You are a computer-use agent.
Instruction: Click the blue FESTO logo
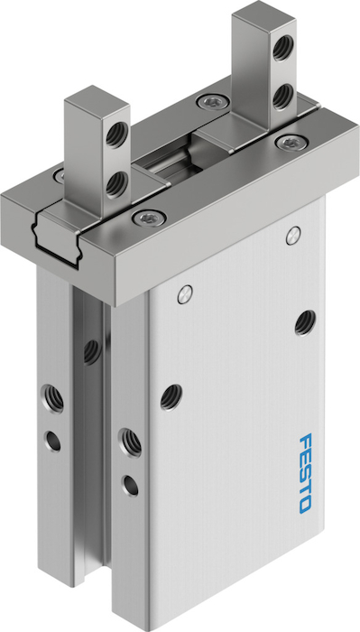pyautogui.click(x=306, y=473)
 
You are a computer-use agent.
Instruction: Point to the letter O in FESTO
pyautogui.click(x=305, y=505)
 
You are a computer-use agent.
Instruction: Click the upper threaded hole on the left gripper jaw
pyautogui.click(x=117, y=134)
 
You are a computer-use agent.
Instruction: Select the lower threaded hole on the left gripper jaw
pyautogui.click(x=116, y=184)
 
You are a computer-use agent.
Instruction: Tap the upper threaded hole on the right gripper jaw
pyautogui.click(x=283, y=48)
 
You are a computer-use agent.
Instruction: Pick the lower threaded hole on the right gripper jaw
pyautogui.click(x=283, y=96)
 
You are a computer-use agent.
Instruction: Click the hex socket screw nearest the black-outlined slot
pyautogui.click(x=149, y=218)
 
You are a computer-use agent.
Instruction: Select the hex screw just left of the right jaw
pyautogui.click(x=213, y=102)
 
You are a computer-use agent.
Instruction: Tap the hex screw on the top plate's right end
pyautogui.click(x=291, y=143)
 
